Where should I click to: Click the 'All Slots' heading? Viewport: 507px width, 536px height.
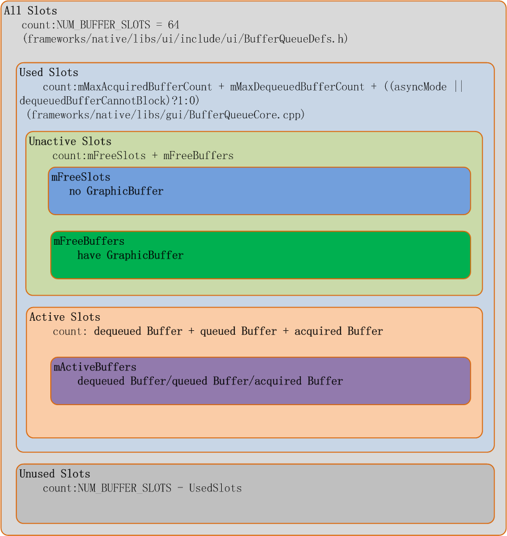pos(30,11)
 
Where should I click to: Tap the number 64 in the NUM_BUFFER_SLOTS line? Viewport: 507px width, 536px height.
pos(173,25)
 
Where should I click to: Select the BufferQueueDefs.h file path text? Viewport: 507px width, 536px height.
pos(185,39)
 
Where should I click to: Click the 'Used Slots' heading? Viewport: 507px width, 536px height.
pos(49,72)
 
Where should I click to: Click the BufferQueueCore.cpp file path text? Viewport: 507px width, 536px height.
pos(166,114)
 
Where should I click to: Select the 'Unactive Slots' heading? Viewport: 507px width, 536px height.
pos(70,142)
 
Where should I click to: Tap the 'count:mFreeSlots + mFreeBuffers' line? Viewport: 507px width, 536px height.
pos(143,155)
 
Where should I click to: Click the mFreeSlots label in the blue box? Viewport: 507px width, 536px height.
pos(80,177)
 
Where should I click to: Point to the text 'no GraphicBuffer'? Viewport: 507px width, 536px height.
pos(116,191)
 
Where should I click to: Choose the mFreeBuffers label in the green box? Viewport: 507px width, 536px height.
pos(89,242)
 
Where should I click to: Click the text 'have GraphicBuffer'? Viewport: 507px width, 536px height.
pos(131,255)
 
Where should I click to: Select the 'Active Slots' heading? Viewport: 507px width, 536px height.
pos(65,317)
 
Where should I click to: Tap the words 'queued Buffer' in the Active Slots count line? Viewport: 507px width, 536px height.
pos(238,331)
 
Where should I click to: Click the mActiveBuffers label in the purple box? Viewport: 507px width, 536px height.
pos(95,367)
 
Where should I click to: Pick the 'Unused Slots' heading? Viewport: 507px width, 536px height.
pos(55,474)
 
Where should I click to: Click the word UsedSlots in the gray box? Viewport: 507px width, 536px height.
pos(215,488)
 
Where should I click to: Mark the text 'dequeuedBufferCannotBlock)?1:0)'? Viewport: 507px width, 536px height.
pos(109,101)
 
